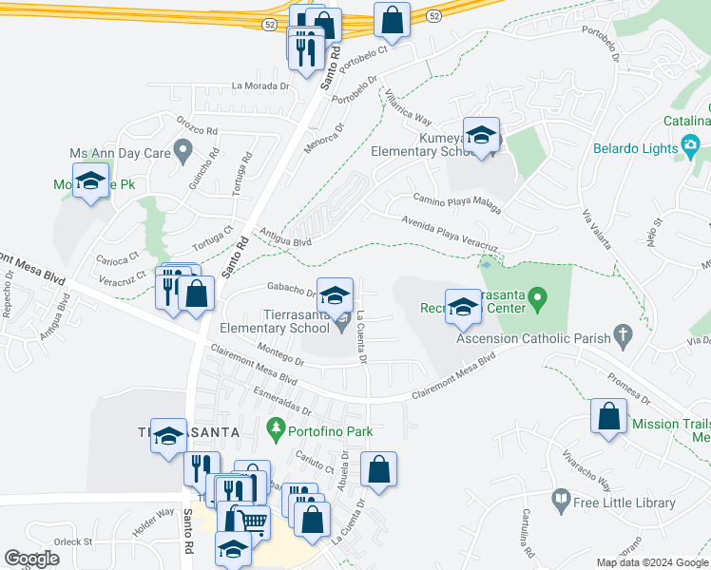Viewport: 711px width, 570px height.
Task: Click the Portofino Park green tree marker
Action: coord(277,429)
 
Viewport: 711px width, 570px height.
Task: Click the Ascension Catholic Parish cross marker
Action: coord(623,334)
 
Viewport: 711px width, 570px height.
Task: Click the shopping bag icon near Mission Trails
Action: coord(608,416)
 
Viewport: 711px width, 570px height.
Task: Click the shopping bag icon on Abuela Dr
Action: coord(378,468)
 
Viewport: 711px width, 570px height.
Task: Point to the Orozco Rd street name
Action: coord(198,124)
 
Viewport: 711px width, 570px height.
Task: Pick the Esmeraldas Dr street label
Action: coord(283,403)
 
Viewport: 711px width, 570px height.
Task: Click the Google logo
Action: coord(32,559)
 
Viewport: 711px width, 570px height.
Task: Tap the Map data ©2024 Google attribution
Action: coord(652,562)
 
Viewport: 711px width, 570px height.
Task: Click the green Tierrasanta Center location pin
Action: coord(537,302)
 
